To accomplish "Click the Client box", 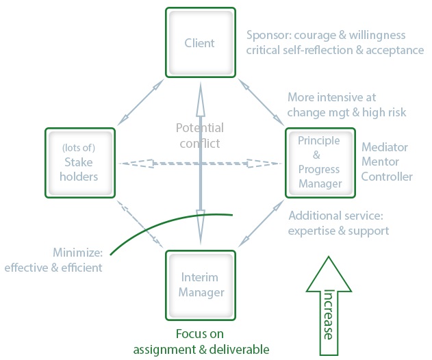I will click(200, 42).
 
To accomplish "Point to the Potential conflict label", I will click(200, 136).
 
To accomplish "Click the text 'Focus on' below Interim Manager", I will click(199, 334).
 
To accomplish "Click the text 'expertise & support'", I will click(338, 230).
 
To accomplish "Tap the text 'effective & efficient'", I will click(53, 267).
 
